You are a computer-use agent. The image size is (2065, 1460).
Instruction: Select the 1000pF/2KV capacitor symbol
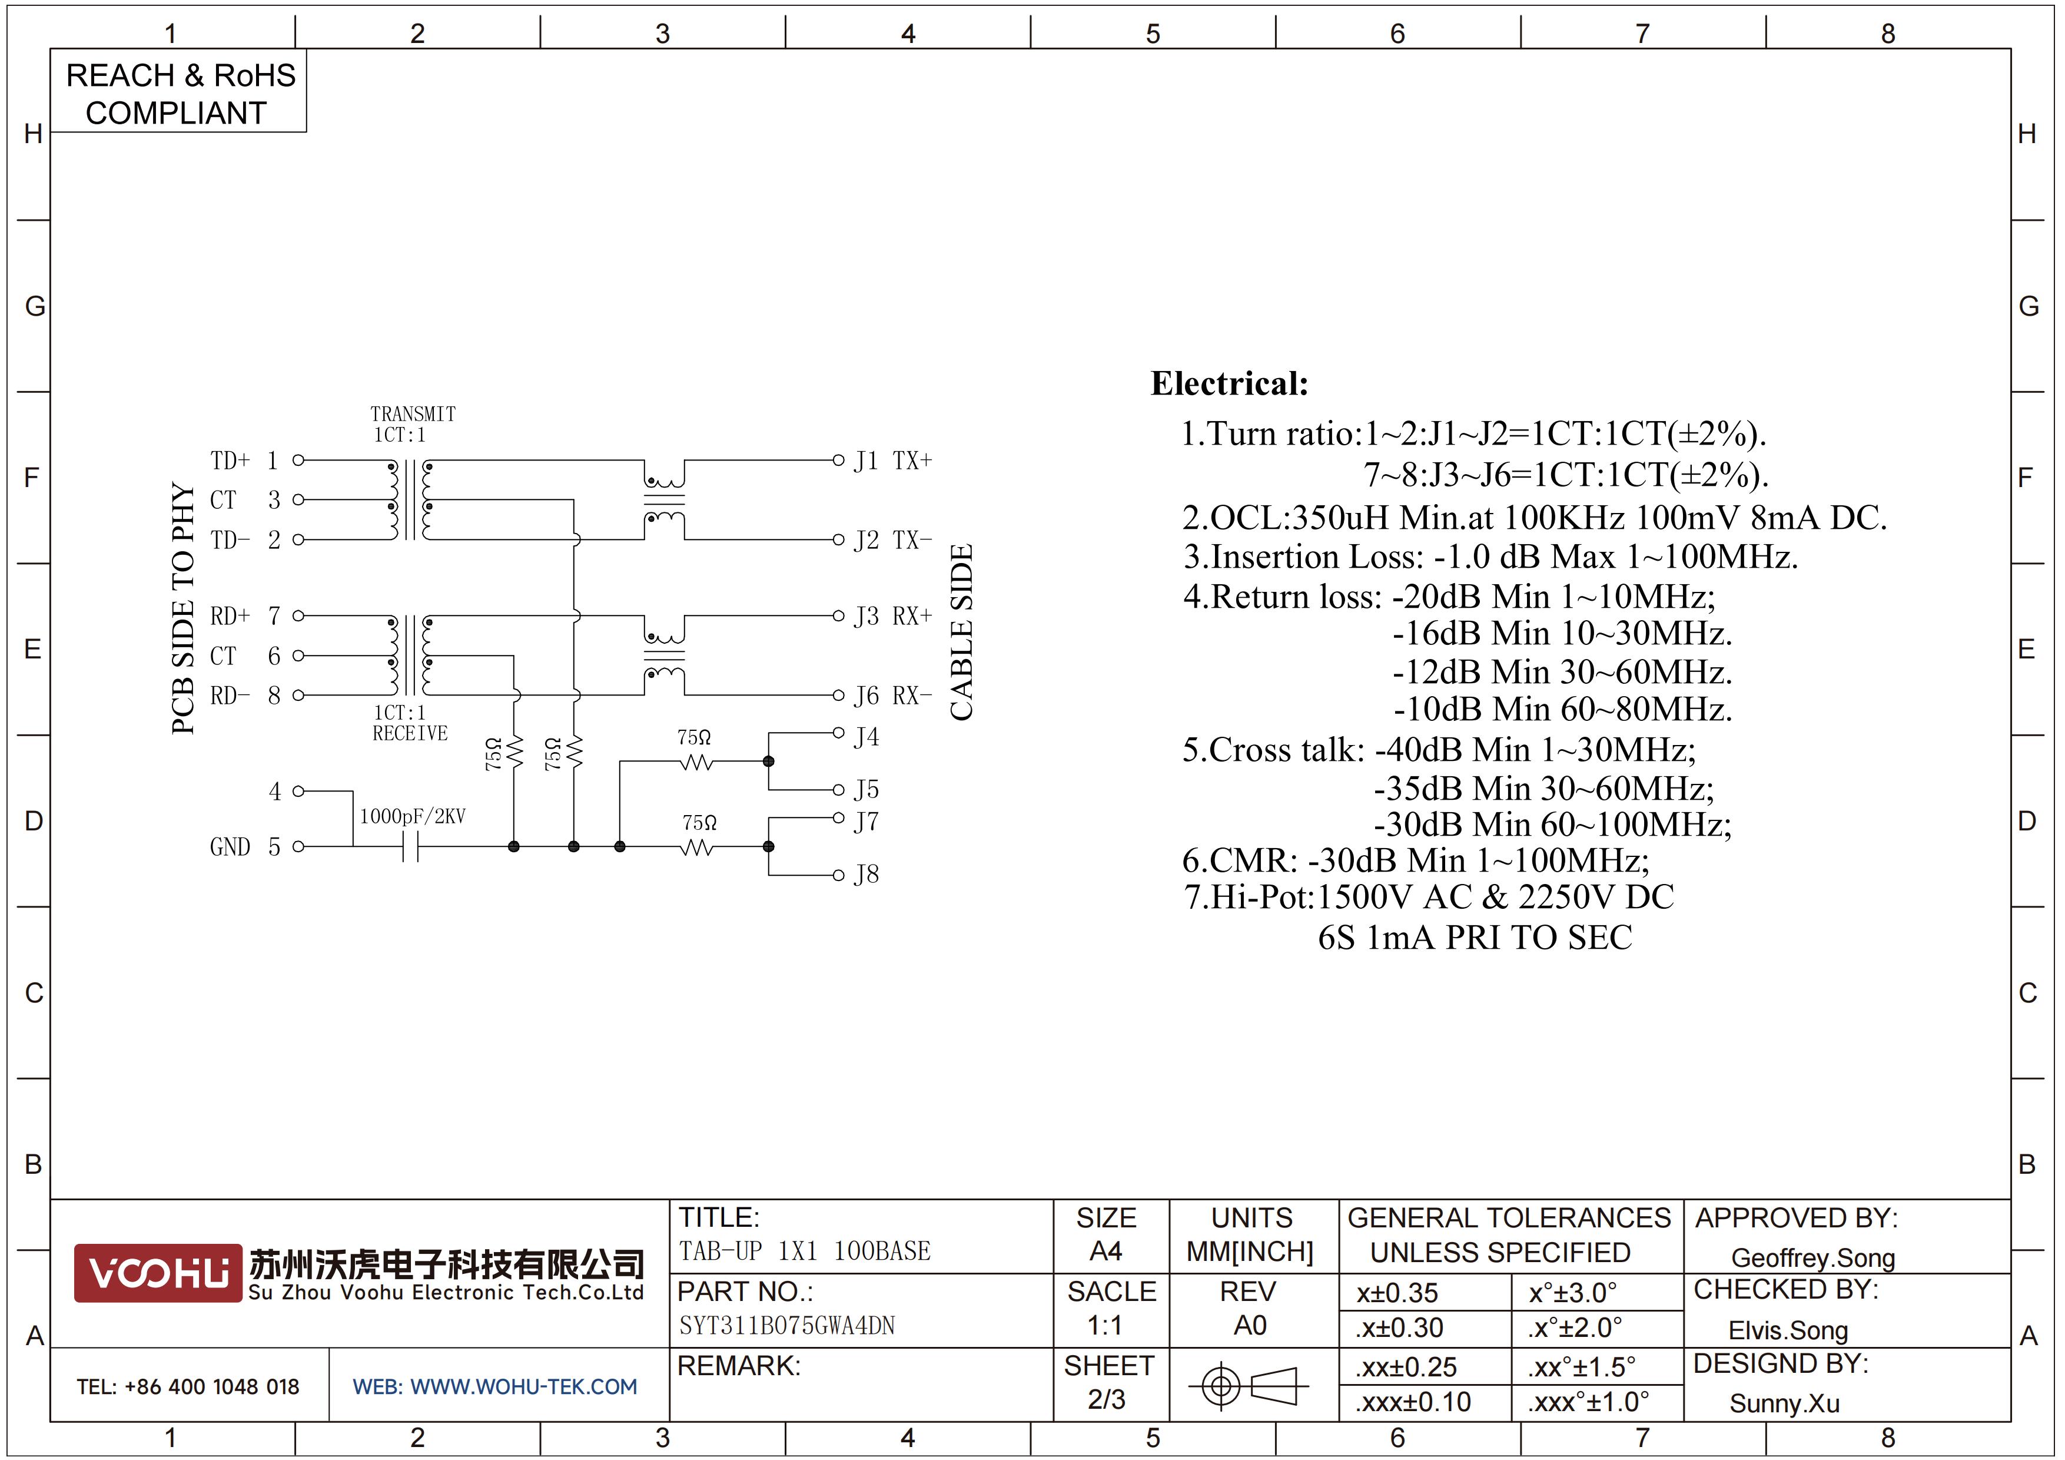pos(410,846)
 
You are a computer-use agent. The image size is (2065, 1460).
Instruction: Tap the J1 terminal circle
pos(837,460)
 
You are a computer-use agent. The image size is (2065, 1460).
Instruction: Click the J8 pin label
pos(866,875)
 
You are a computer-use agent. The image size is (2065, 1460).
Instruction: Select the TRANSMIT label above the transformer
pos(413,414)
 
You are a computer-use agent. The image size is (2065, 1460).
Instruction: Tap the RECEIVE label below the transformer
pos(410,733)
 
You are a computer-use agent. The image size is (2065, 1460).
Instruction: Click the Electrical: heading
pos(1230,383)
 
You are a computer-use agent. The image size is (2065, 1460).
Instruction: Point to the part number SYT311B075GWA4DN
pos(787,1325)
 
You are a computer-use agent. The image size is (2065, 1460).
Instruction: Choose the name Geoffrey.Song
pos(1813,1257)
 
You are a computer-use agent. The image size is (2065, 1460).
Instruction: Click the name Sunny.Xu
pos(1784,1403)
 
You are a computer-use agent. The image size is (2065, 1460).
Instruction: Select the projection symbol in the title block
pos(1249,1385)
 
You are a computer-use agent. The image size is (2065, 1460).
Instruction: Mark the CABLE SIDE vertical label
pos(961,633)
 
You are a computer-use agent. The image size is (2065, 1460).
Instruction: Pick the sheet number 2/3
pos(1106,1399)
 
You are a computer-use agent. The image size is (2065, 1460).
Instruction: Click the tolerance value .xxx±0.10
pos(1413,1402)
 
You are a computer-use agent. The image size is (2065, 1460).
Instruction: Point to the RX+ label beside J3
pos(912,616)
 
